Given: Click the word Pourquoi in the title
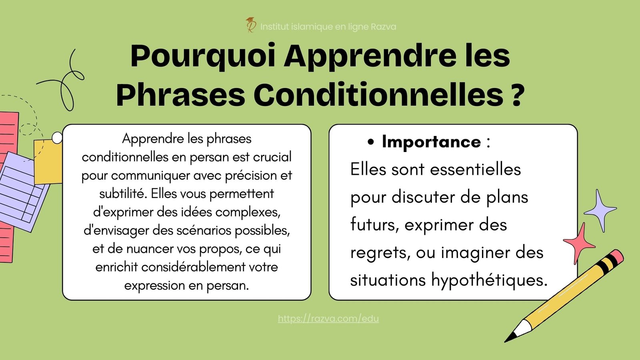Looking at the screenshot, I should pos(203,56).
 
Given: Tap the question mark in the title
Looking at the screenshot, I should pos(517,95).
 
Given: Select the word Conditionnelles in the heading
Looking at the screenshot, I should pos(378,95).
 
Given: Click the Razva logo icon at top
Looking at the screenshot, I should pos(251,25).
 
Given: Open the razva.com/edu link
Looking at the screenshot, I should pos(328,318).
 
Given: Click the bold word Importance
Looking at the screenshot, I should pos(431,142).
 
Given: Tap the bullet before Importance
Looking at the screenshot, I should pos(371,142).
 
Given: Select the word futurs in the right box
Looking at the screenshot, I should pos(374,224).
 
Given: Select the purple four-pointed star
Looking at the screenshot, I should pos(600,210).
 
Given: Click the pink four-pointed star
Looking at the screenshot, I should pos(579,242).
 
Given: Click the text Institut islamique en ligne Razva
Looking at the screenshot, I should pos(328,27).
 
